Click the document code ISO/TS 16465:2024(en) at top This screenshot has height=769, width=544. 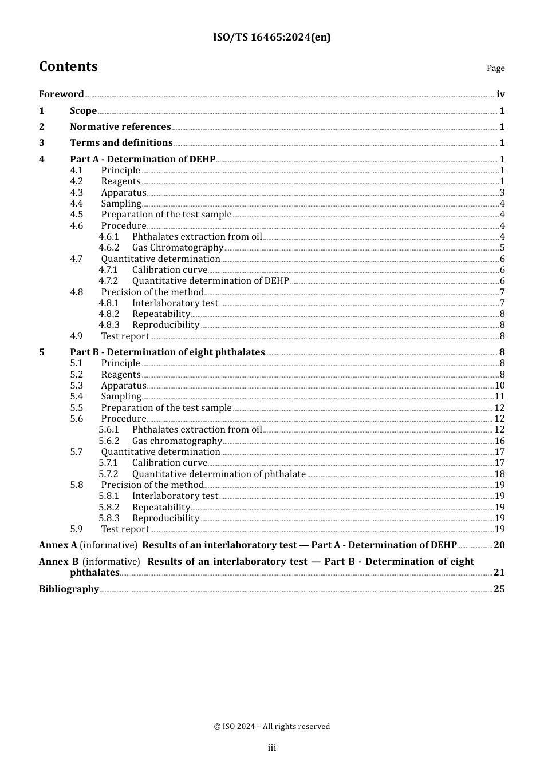[x=271, y=37]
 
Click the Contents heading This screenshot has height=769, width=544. [x=68, y=66]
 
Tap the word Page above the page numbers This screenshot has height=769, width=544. [x=495, y=68]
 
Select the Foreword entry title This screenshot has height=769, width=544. [x=61, y=94]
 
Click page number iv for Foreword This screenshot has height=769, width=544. [x=500, y=94]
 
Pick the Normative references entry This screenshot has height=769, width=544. [x=120, y=126]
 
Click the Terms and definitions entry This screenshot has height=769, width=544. [x=121, y=142]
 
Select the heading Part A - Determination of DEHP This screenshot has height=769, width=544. [x=143, y=159]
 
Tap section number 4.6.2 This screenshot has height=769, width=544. [x=109, y=248]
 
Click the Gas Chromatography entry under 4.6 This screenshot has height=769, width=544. [x=178, y=248]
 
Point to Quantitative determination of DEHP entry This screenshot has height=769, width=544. [x=210, y=281]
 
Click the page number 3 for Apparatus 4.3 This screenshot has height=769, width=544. [x=502, y=193]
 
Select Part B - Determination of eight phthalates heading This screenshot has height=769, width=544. [x=167, y=352]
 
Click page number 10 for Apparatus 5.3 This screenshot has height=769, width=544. [x=499, y=386]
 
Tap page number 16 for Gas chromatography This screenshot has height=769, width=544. [x=499, y=441]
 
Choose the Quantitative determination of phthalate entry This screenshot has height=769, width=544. [x=219, y=474]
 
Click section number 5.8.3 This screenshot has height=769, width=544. [x=109, y=518]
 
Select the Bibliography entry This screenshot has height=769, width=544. [x=69, y=589]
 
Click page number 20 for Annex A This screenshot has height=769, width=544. [x=499, y=545]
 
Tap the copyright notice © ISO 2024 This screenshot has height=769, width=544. [x=271, y=726]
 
